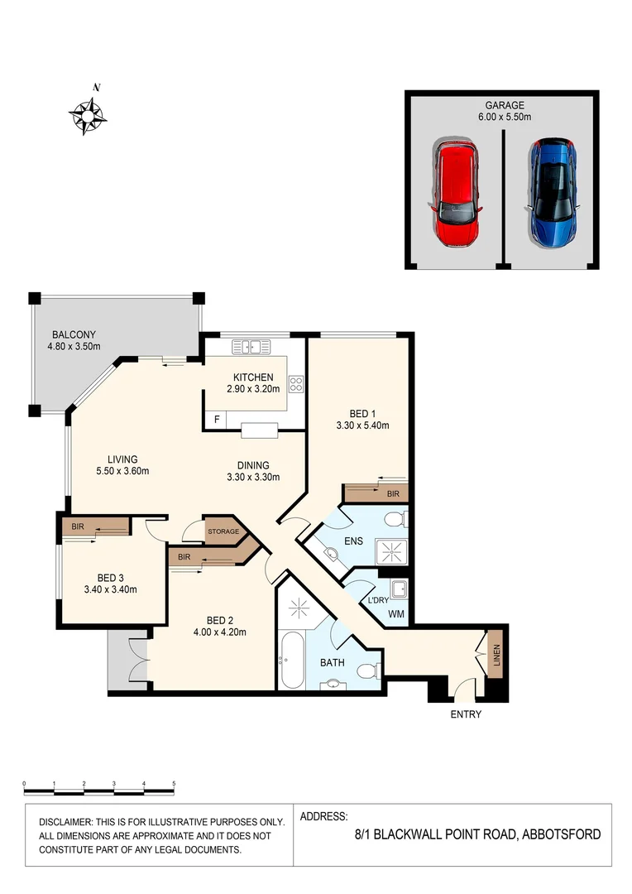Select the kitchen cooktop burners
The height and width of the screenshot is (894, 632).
click(295, 384)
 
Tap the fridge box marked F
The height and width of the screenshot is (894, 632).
click(217, 420)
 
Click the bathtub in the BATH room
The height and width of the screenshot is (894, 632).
click(292, 661)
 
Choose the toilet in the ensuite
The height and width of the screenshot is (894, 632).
click(395, 520)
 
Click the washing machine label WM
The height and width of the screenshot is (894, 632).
click(398, 614)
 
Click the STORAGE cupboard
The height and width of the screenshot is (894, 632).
click(223, 531)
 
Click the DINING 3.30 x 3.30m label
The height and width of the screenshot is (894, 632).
click(253, 471)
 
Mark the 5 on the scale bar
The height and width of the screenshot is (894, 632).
click(174, 782)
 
